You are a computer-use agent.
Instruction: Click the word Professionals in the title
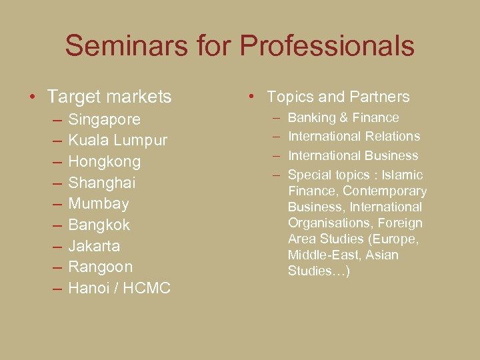point(327,46)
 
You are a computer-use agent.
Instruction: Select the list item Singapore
point(105,119)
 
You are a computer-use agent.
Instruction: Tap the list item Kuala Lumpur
point(118,141)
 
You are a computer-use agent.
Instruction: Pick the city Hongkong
point(105,161)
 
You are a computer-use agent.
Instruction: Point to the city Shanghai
point(102,183)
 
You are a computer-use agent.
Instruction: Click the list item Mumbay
point(99,203)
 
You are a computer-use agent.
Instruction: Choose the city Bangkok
point(99,225)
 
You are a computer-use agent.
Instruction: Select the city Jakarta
point(94,246)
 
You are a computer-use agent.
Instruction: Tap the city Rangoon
point(101,267)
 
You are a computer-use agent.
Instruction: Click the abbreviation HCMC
point(147,288)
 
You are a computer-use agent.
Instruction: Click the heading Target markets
point(109,97)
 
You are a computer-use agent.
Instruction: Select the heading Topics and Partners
point(338,97)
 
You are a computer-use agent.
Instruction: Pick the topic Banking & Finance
point(343,118)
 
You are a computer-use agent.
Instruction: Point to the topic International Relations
point(354,137)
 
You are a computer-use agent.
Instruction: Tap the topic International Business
point(353,156)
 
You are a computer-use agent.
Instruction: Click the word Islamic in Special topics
point(402,175)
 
